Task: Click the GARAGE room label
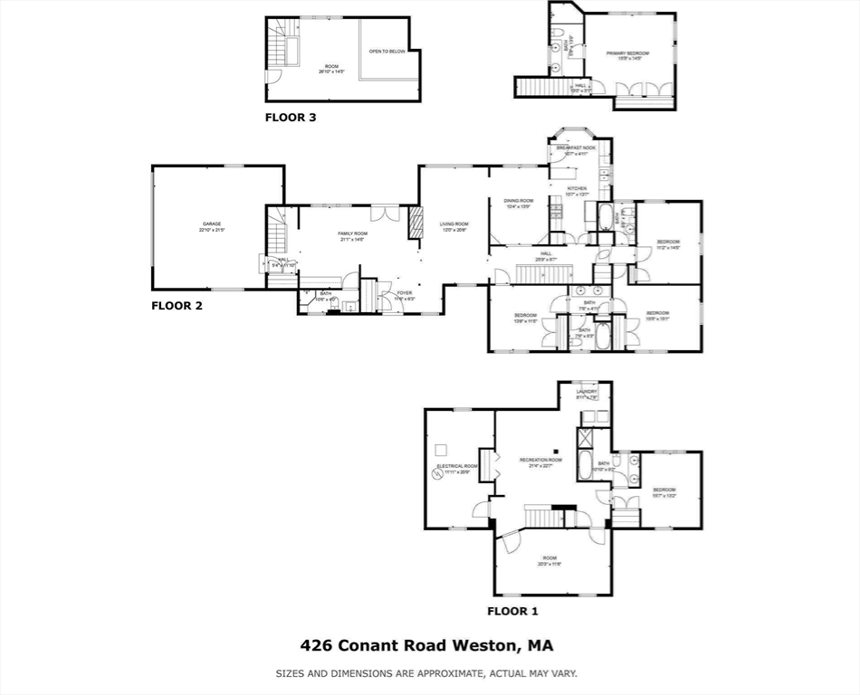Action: [211, 224]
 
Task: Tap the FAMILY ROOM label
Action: [353, 233]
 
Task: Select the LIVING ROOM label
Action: [454, 224]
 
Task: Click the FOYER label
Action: [404, 293]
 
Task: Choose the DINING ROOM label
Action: [519, 201]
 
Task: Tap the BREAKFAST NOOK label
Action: [577, 148]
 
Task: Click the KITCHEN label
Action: [577, 188]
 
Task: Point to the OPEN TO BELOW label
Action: [387, 52]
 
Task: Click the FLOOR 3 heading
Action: [291, 117]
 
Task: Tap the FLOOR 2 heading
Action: [177, 306]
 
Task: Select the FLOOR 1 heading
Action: [512, 611]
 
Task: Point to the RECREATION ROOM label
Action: [540, 461]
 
